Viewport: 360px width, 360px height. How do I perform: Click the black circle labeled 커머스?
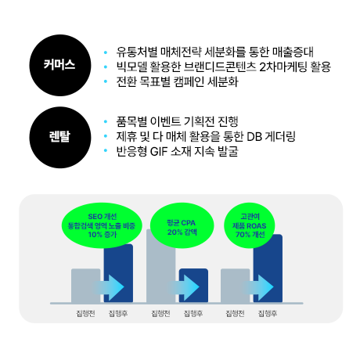[x=60, y=65]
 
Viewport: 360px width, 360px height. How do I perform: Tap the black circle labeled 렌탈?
[x=60, y=138]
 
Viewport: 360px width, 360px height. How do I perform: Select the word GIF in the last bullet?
[x=159, y=151]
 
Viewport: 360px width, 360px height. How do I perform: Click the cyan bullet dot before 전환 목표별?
[x=106, y=81]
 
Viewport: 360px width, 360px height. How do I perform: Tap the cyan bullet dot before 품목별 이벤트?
[x=106, y=121]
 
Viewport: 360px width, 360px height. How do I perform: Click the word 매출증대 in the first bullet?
[x=293, y=52]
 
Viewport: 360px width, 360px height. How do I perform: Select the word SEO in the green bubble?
[x=95, y=217]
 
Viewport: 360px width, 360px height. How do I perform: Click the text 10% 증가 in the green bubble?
[x=103, y=235]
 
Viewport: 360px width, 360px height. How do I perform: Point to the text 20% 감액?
[x=182, y=232]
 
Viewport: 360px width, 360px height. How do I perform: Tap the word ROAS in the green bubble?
[x=257, y=226]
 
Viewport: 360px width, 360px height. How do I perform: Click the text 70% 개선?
[x=250, y=235]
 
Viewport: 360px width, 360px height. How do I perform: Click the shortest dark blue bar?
[x=193, y=286]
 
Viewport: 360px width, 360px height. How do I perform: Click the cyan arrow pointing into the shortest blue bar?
[x=184, y=286]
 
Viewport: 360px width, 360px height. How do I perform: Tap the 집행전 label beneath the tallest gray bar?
[x=160, y=313]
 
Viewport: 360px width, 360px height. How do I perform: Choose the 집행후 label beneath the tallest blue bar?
[x=268, y=313]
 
